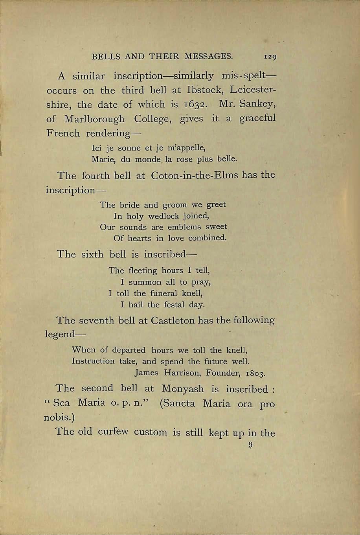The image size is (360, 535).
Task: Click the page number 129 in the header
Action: (271, 57)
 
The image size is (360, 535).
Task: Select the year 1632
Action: (192, 105)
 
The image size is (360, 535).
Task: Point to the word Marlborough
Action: (94, 119)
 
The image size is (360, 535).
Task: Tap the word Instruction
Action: (93, 361)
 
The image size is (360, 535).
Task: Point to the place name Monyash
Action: (183, 389)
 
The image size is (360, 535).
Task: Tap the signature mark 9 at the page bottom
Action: (250, 446)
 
